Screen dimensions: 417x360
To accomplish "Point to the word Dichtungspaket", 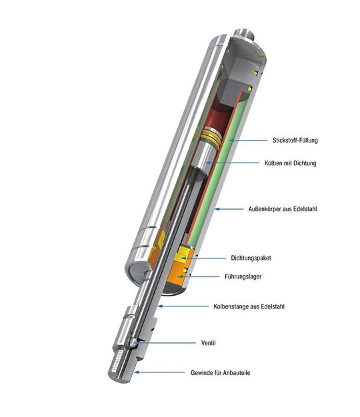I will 251,258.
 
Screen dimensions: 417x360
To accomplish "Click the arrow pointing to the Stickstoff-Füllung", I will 244,141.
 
